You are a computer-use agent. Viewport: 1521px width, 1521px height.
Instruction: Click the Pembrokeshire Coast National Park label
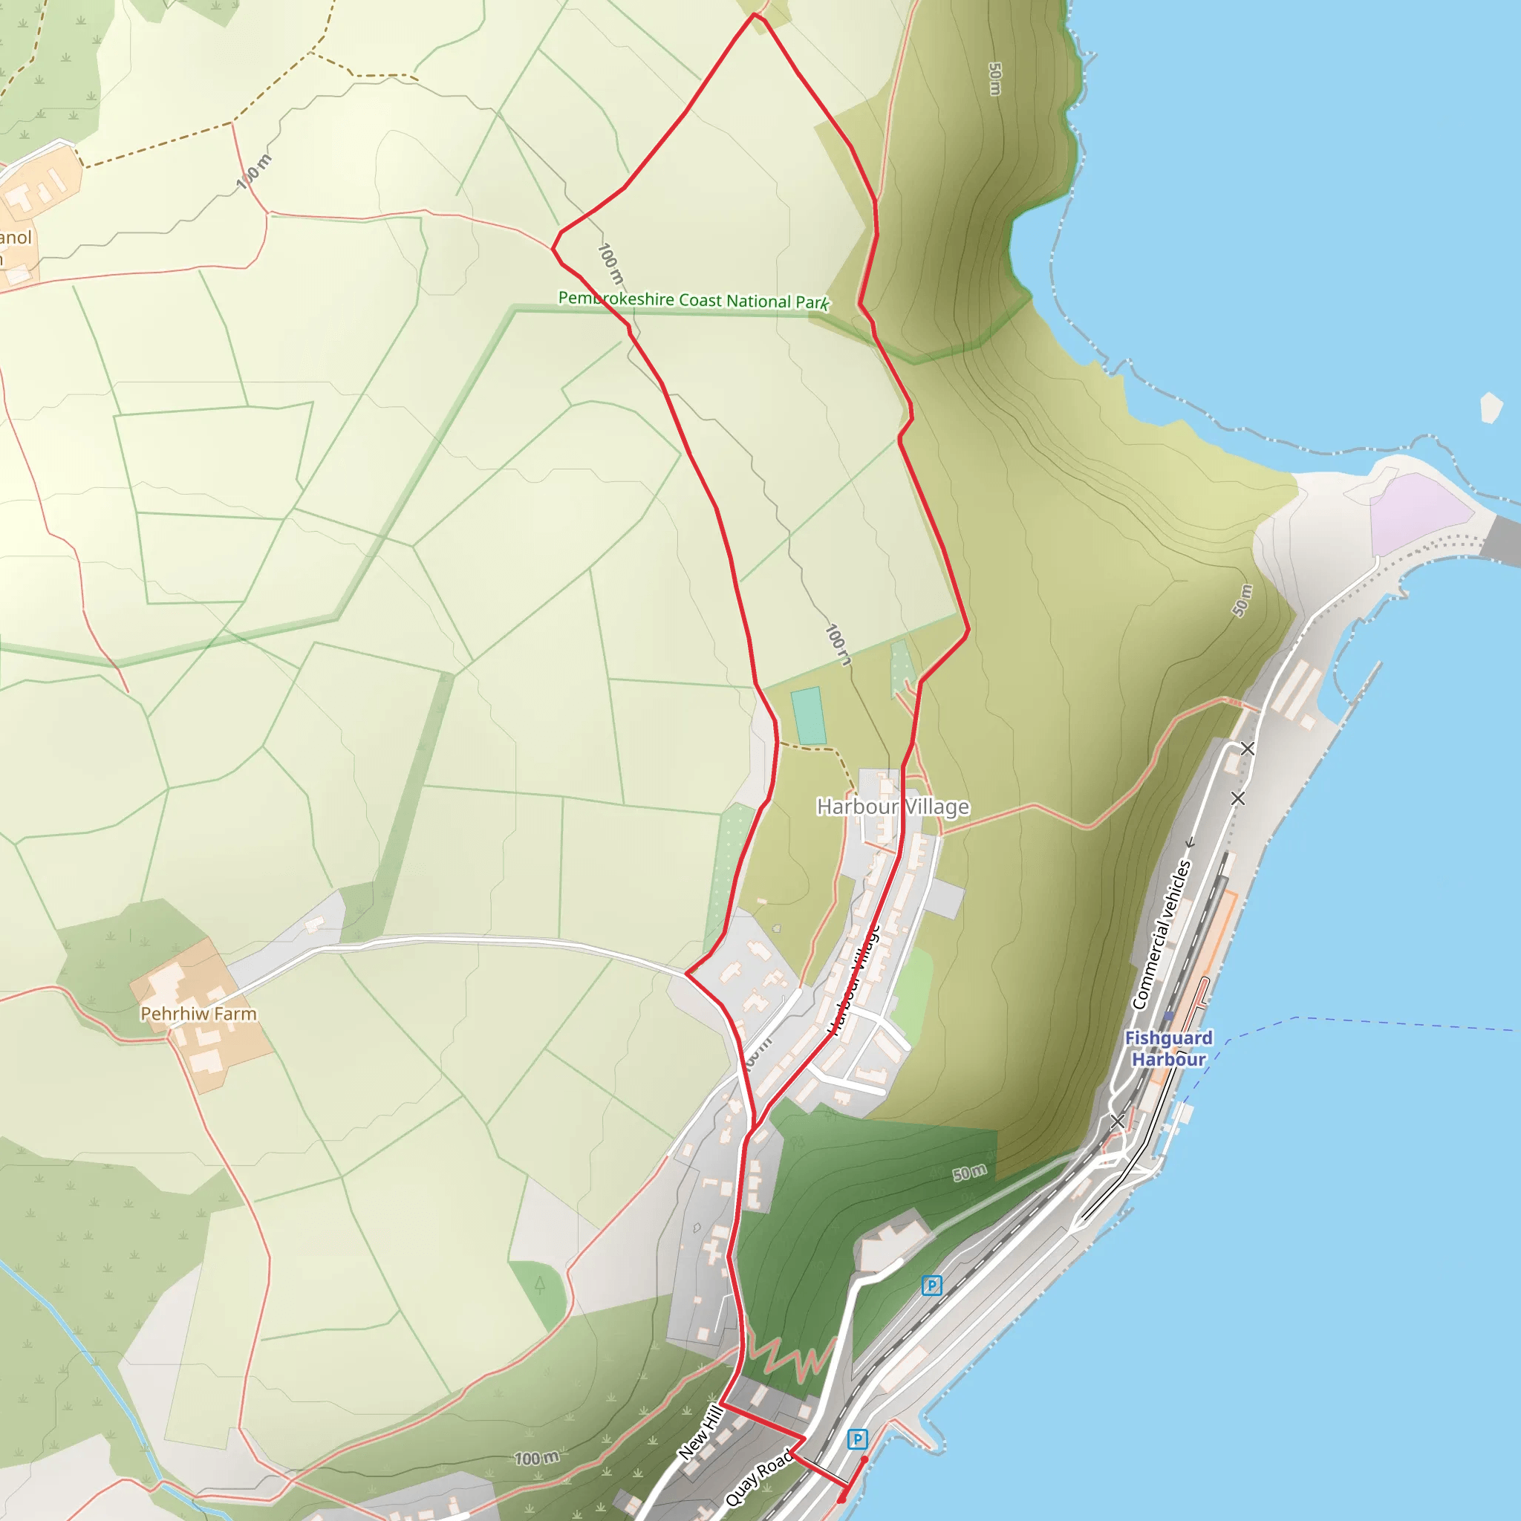693,300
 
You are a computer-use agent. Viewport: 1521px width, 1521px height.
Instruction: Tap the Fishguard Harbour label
1168,1048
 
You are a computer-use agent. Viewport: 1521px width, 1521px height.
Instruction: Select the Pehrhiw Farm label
198,1014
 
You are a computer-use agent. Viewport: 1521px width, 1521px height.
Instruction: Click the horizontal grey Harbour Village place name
893,807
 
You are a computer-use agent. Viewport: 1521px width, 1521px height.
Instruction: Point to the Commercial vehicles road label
1162,934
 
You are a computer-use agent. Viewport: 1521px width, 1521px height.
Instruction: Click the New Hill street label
700,1432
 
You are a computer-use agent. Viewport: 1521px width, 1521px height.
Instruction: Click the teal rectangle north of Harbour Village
809,716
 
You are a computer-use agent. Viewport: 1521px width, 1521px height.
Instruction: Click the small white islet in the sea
1491,407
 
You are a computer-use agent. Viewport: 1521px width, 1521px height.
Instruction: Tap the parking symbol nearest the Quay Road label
857,1440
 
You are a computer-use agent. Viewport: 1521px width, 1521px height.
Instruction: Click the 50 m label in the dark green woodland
969,1172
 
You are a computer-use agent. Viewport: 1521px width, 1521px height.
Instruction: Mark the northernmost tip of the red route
755,13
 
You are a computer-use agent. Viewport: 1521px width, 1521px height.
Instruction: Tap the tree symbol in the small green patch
539,1284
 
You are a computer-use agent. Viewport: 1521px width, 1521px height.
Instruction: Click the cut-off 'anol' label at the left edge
16,238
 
